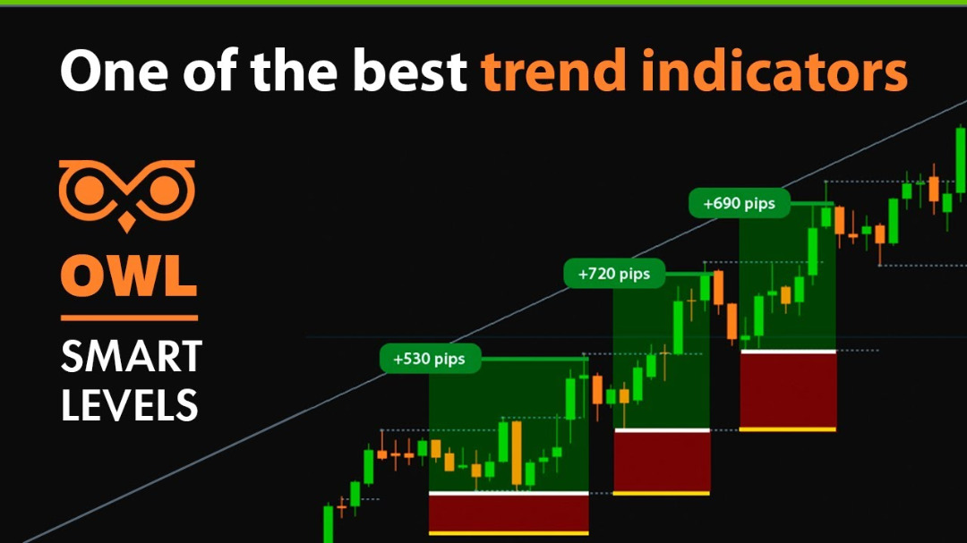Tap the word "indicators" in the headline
(760, 72)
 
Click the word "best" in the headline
(410, 72)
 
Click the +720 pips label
(614, 274)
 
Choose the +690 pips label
(739, 204)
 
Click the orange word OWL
(129, 276)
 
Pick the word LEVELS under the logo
(129, 404)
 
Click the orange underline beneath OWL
(129, 317)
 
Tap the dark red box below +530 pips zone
(509, 513)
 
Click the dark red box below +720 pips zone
(661, 462)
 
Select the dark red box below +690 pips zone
(788, 390)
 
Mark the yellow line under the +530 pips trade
(509, 533)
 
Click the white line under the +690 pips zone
(788, 352)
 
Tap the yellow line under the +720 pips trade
(661, 493)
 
